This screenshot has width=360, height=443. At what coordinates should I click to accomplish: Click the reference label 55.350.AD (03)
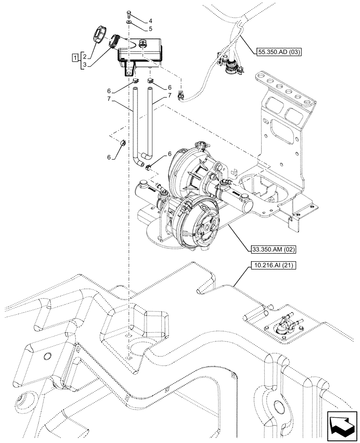click(279, 52)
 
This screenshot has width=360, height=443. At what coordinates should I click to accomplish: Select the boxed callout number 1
click(76, 57)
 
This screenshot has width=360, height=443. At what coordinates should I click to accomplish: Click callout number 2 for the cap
click(84, 57)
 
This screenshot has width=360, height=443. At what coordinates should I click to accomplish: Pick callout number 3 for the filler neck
click(84, 65)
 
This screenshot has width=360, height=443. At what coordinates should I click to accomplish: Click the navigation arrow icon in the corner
click(341, 425)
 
